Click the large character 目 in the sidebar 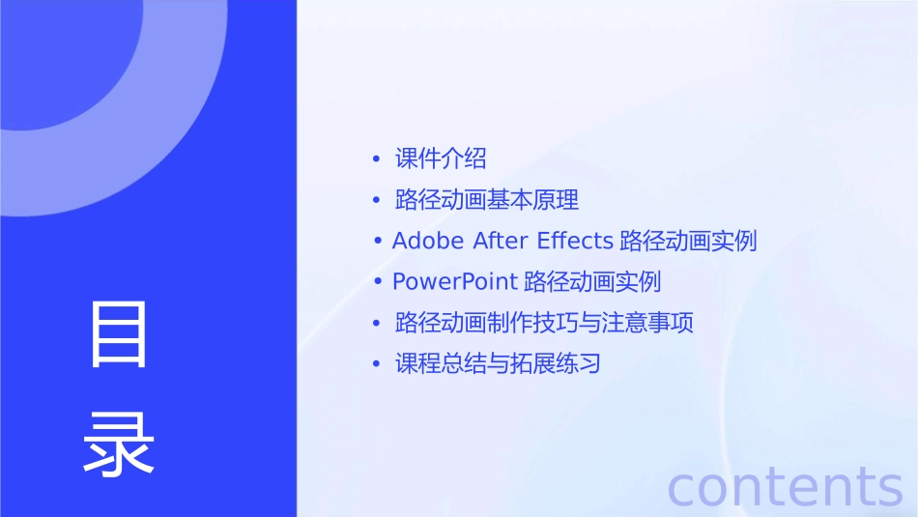[119, 334]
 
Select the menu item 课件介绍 [441, 158]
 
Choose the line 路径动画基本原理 [487, 200]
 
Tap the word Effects [575, 241]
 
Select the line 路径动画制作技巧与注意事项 [544, 323]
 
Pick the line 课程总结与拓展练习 [498, 364]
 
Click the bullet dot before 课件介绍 [376, 159]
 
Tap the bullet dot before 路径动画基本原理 [376, 201]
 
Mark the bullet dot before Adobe [381, 242]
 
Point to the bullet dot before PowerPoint [381, 283]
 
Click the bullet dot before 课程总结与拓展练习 [376, 365]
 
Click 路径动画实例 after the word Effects [688, 241]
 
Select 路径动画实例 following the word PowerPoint [592, 282]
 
